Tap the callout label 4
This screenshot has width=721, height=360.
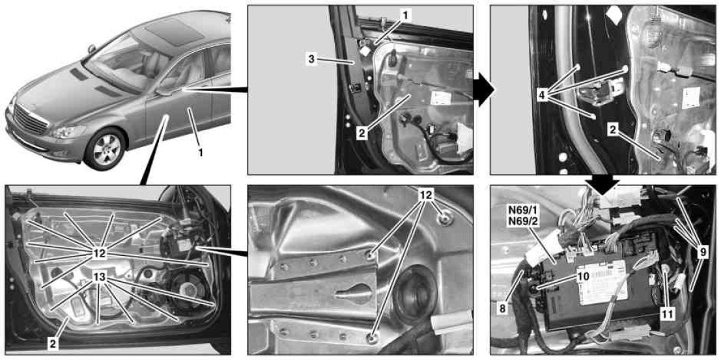(544, 96)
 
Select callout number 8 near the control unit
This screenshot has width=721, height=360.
(502, 308)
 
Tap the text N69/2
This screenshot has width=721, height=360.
(521, 221)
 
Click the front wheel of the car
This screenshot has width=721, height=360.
(106, 148)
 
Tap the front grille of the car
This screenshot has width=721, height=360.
(31, 118)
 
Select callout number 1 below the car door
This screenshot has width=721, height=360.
(200, 152)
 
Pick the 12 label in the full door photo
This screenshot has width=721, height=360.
(100, 252)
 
